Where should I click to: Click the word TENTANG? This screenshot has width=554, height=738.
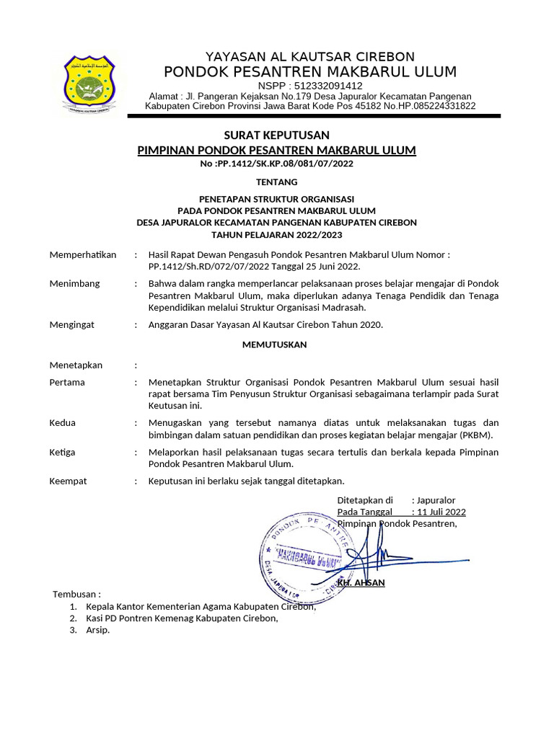pyautogui.click(x=277, y=182)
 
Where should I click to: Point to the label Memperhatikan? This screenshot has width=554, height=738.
pyautogui.click(x=82, y=255)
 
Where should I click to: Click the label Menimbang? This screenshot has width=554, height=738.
pyautogui.click(x=74, y=284)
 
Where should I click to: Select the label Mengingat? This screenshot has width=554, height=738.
pyautogui.click(x=71, y=325)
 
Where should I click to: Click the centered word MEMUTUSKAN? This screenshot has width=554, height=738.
pyautogui.click(x=273, y=345)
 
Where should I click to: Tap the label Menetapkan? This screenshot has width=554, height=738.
pyautogui.click(x=76, y=365)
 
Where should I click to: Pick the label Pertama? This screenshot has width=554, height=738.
pyautogui.click(x=67, y=383)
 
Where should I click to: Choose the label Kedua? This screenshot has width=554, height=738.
pyautogui.click(x=62, y=423)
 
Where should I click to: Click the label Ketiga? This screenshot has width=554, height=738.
pyautogui.click(x=62, y=452)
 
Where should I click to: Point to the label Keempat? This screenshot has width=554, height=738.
pyautogui.click(x=68, y=481)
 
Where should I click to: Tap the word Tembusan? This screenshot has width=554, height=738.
pyautogui.click(x=76, y=595)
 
